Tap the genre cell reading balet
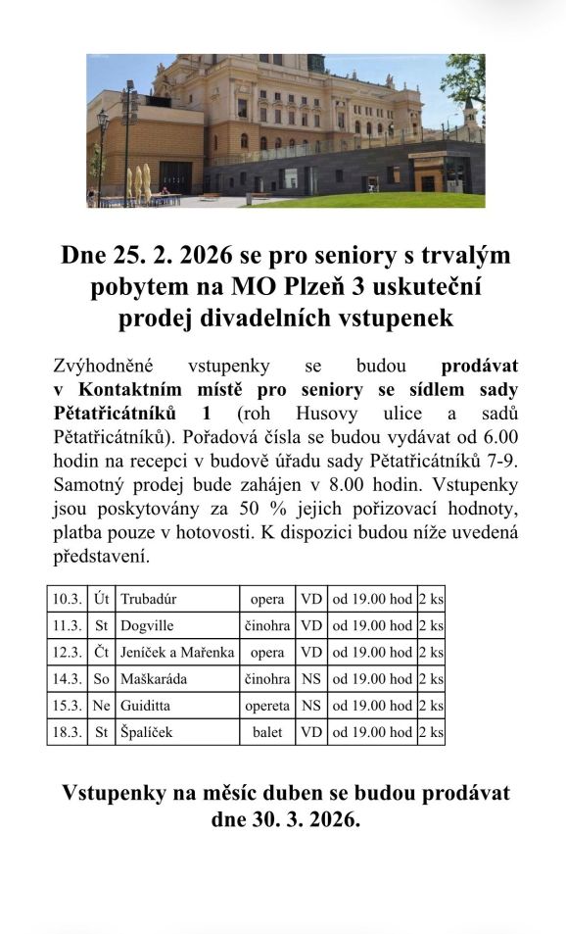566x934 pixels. click(x=267, y=731)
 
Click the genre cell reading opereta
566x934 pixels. click(x=267, y=705)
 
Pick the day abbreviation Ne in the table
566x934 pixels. click(x=101, y=705)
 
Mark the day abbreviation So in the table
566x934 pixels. click(x=101, y=678)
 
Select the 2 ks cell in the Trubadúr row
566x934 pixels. click(x=431, y=599)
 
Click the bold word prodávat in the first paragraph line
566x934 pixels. click(x=480, y=367)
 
